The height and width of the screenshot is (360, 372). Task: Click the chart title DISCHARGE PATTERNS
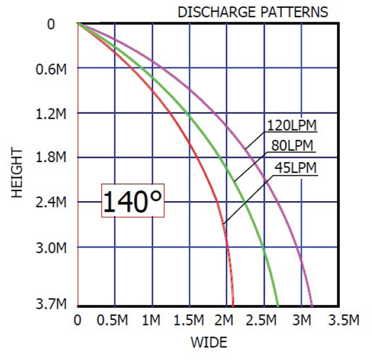click(252, 12)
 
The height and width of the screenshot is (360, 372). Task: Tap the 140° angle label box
click(133, 201)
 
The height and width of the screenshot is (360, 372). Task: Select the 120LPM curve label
click(292, 125)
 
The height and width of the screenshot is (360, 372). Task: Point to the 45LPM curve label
click(296, 167)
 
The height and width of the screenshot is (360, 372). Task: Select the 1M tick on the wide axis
click(151, 322)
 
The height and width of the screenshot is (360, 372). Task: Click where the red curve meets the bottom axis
click(233, 305)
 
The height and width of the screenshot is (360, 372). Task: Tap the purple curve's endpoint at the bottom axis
click(311, 305)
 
